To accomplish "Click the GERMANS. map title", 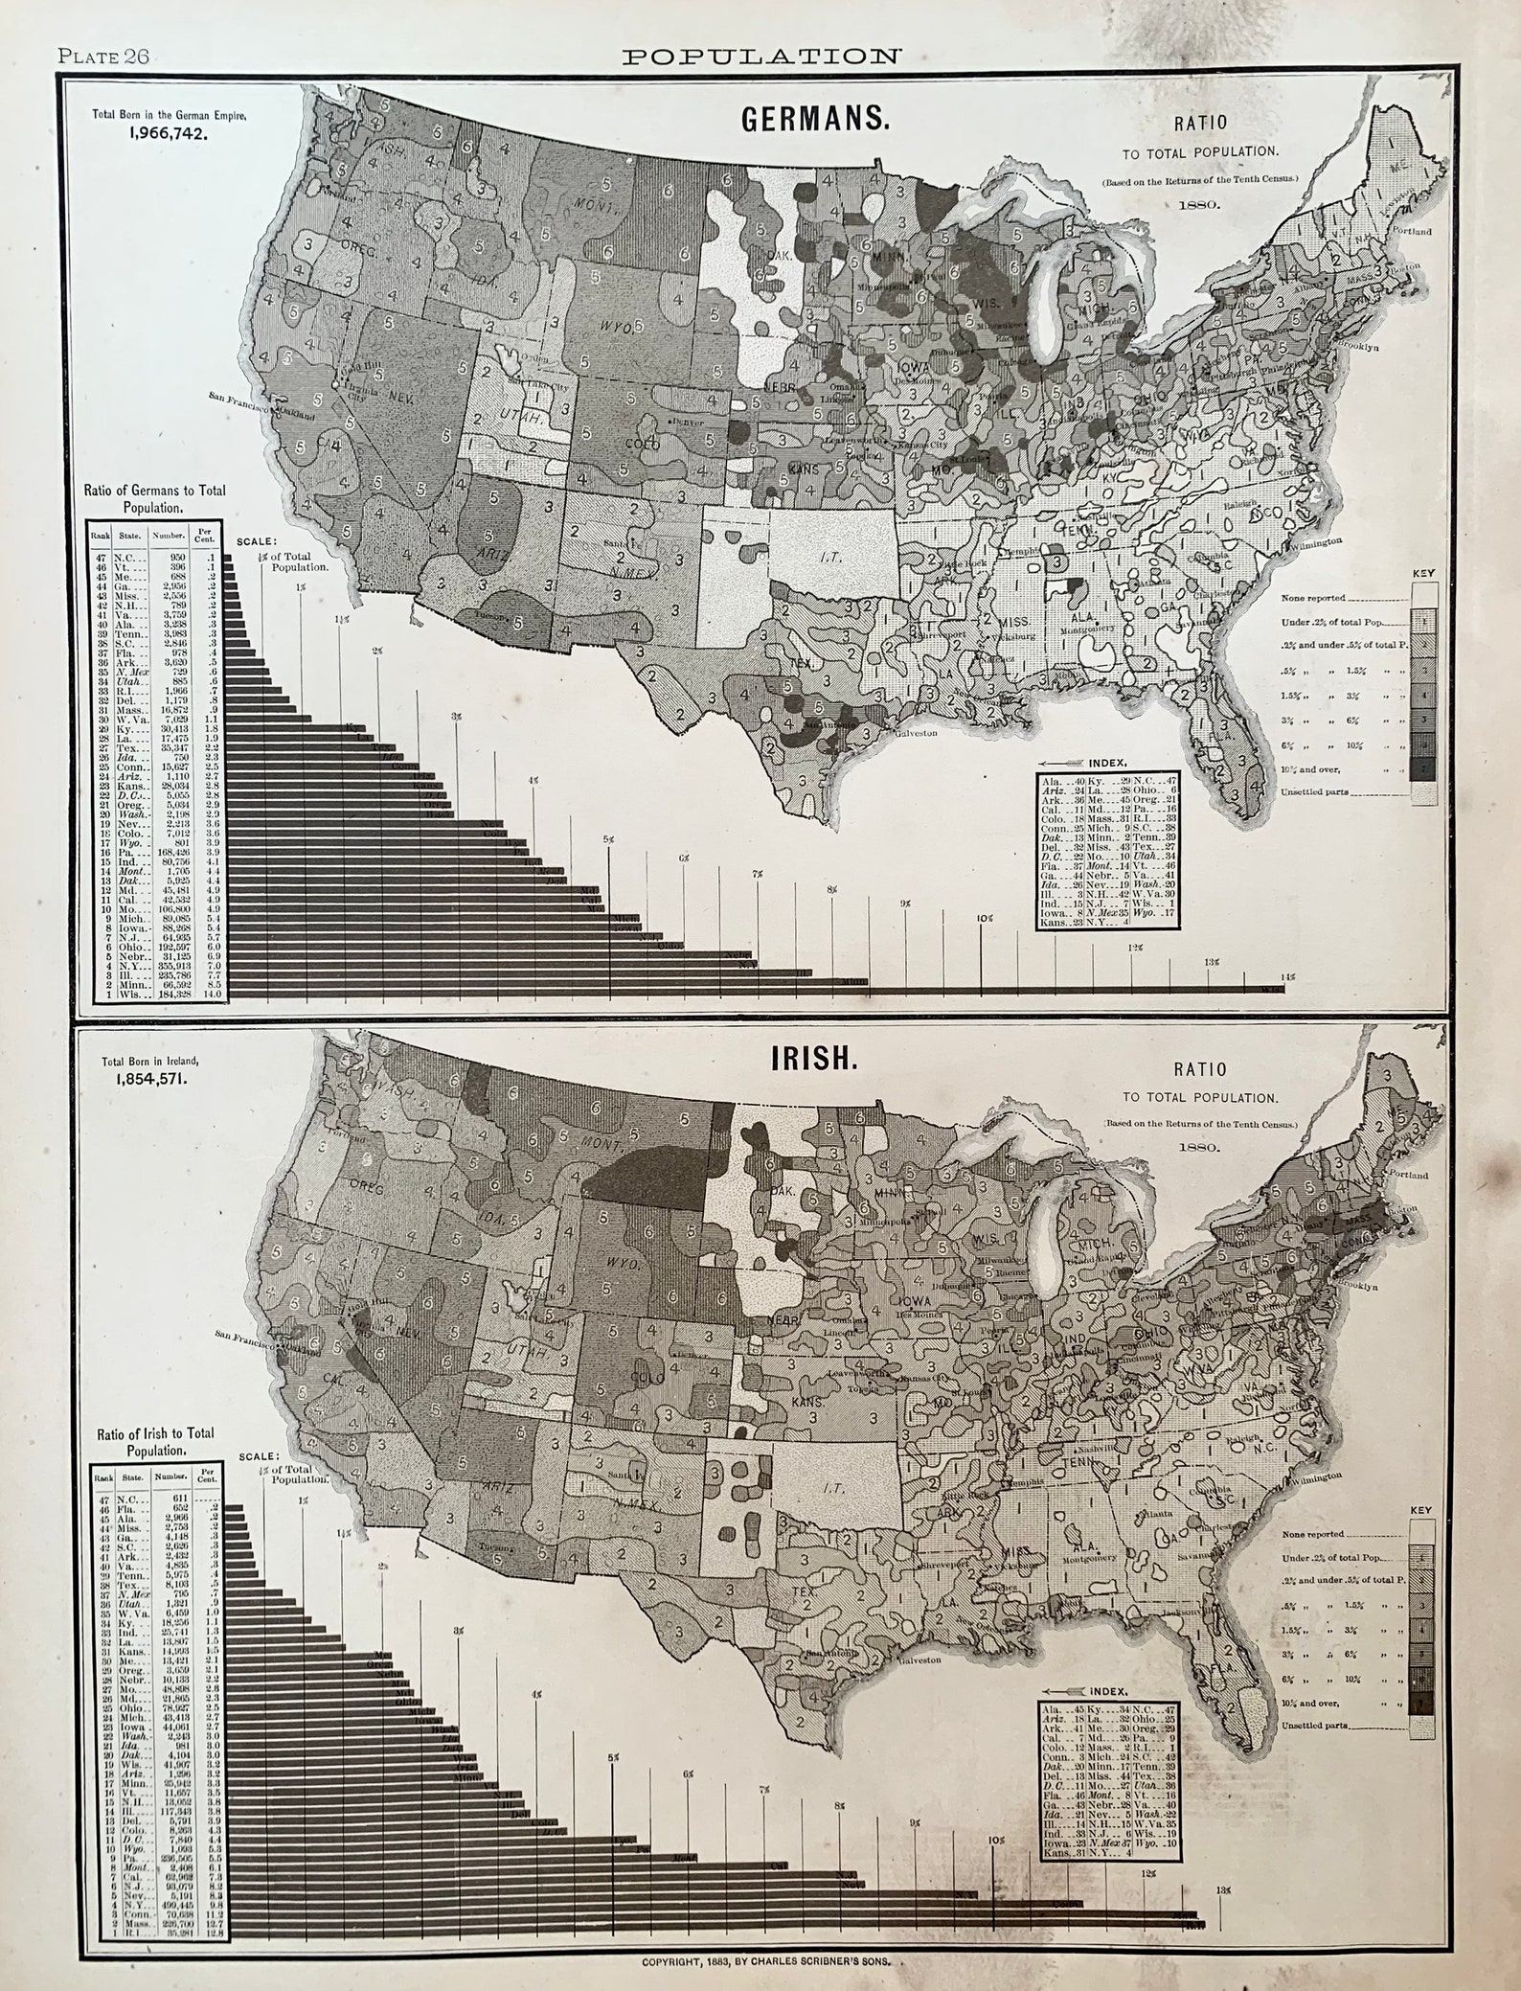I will click(815, 120).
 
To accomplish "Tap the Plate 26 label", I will click(102, 56).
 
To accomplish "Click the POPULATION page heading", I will click(761, 56).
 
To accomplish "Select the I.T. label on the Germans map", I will click(829, 555).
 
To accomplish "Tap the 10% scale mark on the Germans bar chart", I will click(983, 918).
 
